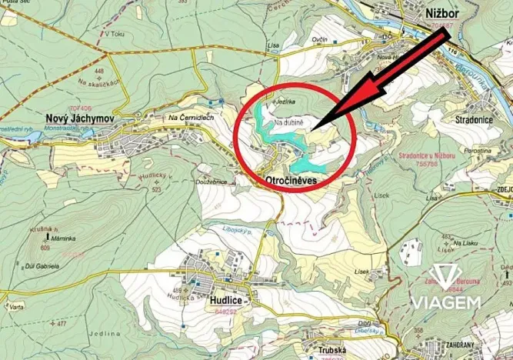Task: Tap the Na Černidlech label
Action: coord(192,118)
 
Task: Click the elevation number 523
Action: coord(157,189)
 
